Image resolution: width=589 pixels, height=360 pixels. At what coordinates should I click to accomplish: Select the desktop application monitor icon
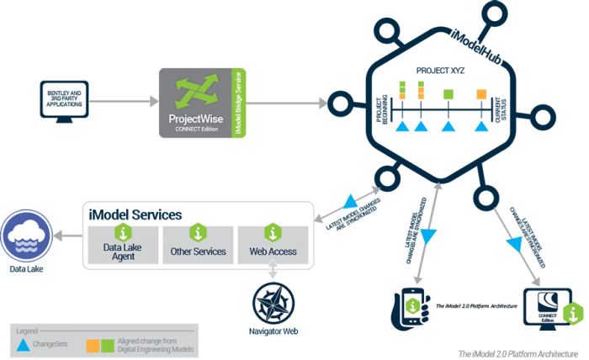63,102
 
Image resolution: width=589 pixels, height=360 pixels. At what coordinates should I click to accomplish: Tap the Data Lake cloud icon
25,238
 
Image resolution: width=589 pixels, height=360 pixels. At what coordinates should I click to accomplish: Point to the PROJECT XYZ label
440,71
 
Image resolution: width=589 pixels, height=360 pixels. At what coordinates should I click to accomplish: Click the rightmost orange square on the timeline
480,93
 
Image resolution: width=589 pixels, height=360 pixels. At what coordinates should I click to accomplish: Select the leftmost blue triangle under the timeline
402,126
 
